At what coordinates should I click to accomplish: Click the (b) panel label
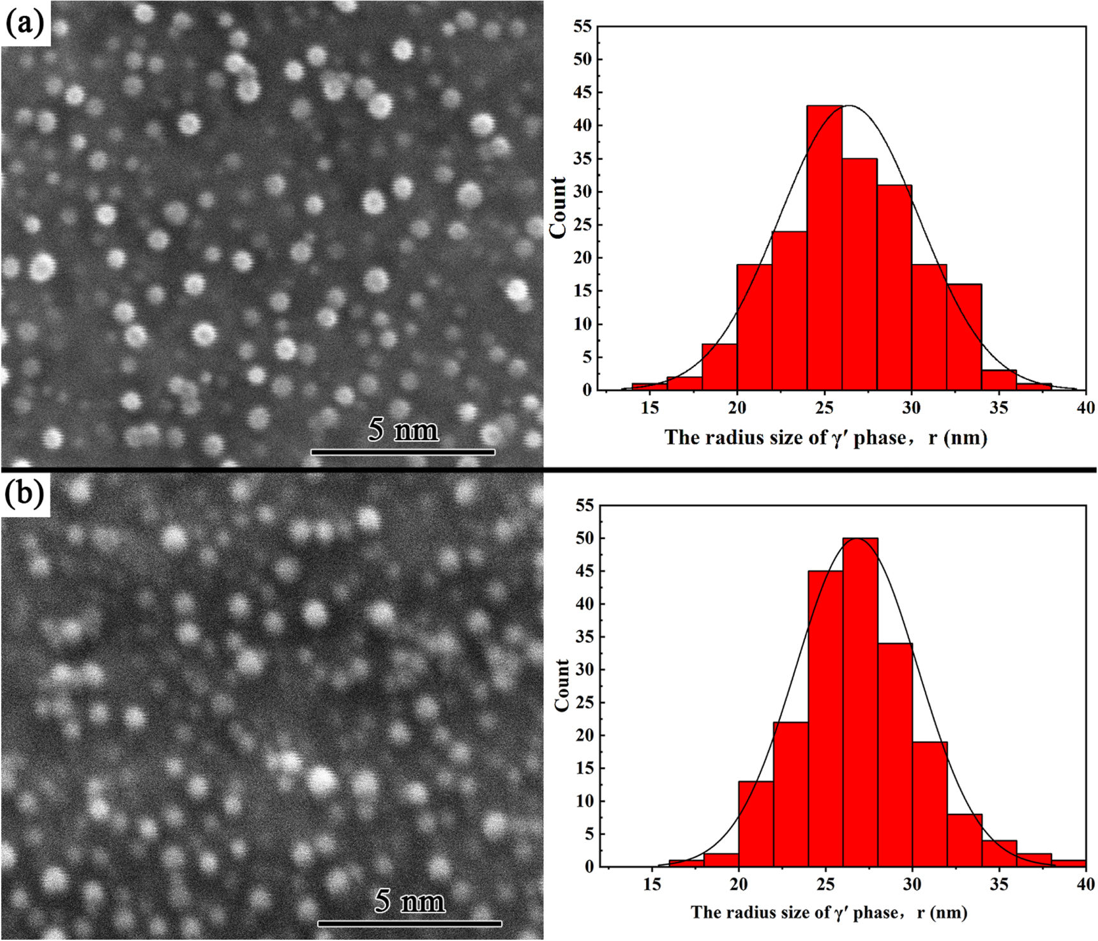[24, 493]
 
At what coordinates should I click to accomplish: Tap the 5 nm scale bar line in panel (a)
[403, 452]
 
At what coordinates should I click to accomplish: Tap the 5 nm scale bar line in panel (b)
[409, 923]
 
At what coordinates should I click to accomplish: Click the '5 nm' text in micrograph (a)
[403, 430]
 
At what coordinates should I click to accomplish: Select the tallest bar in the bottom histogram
[860, 703]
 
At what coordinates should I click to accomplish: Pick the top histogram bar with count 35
[859, 275]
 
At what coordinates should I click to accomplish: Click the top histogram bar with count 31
[894, 287]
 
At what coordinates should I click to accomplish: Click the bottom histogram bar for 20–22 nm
[756, 824]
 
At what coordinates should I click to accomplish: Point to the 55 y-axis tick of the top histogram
[583, 26]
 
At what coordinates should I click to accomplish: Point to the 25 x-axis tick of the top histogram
[824, 407]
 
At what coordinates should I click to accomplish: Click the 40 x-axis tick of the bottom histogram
[1085, 884]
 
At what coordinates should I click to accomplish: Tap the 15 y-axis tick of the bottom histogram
[585, 768]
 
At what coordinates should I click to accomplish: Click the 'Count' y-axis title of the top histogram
[558, 208]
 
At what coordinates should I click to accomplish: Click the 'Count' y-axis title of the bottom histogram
[561, 685]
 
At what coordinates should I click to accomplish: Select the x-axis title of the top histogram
[825, 438]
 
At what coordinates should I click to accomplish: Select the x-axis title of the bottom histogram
[828, 912]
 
